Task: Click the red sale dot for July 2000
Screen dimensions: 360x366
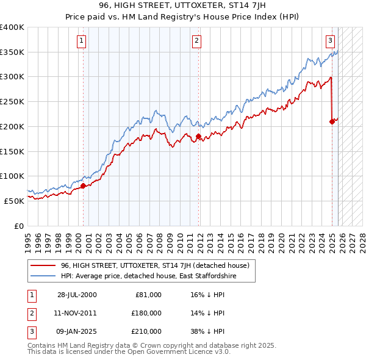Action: pyautogui.click(x=84, y=185)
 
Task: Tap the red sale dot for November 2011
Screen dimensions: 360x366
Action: pyautogui.click(x=198, y=137)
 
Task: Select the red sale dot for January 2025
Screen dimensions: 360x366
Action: pyautogui.click(x=332, y=121)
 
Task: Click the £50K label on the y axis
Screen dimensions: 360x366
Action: pyautogui.click(x=14, y=201)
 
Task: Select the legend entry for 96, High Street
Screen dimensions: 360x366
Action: pyautogui.click(x=155, y=266)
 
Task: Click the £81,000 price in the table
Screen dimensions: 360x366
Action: pyautogui.click(x=149, y=295)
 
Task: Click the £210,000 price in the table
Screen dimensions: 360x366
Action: pyautogui.click(x=147, y=331)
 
